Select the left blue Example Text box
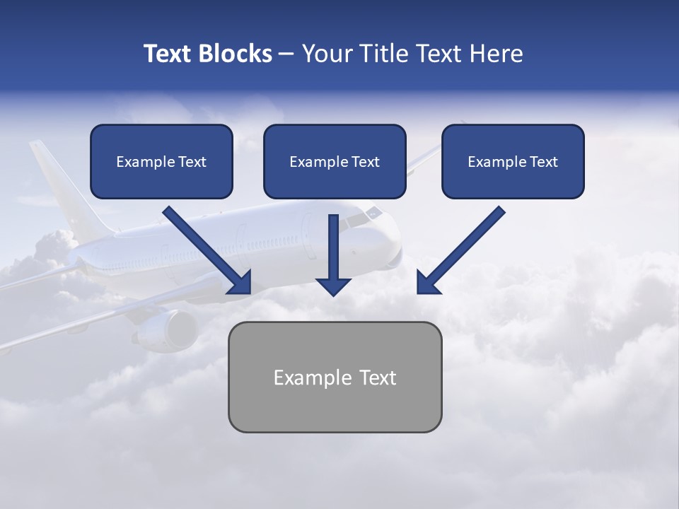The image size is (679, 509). [161, 161]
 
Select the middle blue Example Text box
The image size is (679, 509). [335, 161]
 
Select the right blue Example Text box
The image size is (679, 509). [513, 161]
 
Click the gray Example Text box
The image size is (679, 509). [335, 377]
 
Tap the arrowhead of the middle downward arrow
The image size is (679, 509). [333, 286]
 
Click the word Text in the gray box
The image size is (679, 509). [377, 378]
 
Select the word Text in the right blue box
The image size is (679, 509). [543, 162]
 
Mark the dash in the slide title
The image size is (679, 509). [286, 54]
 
